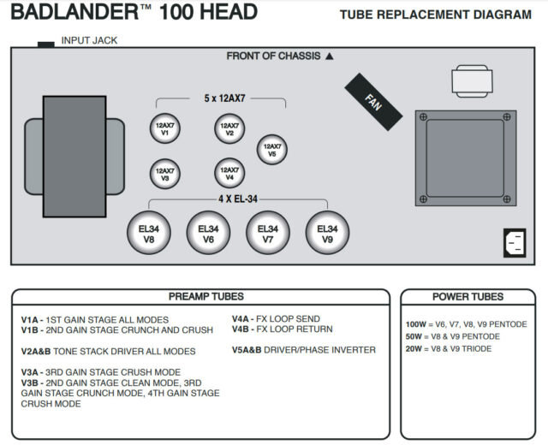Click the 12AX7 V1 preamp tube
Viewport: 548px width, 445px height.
point(165,128)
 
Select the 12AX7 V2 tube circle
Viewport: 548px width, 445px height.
point(229,128)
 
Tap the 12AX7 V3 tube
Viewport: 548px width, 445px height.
point(165,174)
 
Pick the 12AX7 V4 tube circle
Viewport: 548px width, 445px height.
point(229,173)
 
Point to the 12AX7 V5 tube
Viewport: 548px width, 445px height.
point(272,150)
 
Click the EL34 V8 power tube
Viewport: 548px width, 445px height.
point(149,233)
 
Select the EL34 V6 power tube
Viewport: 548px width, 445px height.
point(208,233)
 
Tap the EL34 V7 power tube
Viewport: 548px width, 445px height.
point(268,233)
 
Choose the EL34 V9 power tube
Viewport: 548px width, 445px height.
point(327,233)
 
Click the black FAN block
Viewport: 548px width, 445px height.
point(373,102)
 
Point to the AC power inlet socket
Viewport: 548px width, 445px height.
point(515,243)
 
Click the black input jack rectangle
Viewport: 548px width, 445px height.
point(46,44)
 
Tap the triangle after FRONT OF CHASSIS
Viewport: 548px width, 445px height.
point(329,56)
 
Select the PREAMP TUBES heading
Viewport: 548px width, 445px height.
point(206,297)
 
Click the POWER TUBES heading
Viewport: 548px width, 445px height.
point(468,297)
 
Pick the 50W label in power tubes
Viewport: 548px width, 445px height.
point(414,336)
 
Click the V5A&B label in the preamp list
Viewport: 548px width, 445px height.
point(247,350)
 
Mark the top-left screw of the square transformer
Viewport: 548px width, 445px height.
point(423,117)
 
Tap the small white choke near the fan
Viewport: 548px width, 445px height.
point(472,81)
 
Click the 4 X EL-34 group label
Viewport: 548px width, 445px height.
point(238,199)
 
